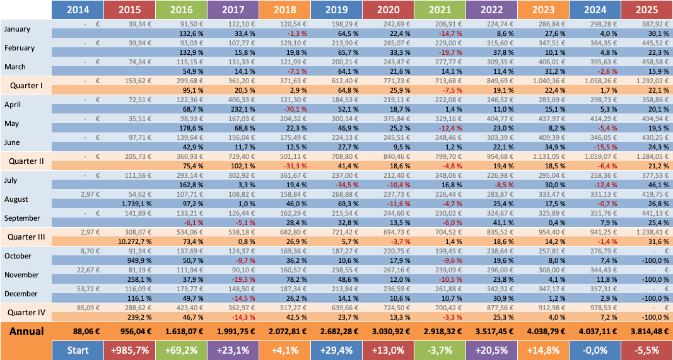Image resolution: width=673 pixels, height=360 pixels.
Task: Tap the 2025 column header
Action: [646, 10]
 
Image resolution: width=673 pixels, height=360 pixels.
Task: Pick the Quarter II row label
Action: [26, 161]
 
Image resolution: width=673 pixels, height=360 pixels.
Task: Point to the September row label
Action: [23, 218]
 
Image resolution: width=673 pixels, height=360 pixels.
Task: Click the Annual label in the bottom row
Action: [26, 331]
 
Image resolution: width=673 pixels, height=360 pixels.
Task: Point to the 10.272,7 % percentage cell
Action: [129, 241]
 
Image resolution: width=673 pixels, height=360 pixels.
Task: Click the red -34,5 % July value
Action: [337, 185]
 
